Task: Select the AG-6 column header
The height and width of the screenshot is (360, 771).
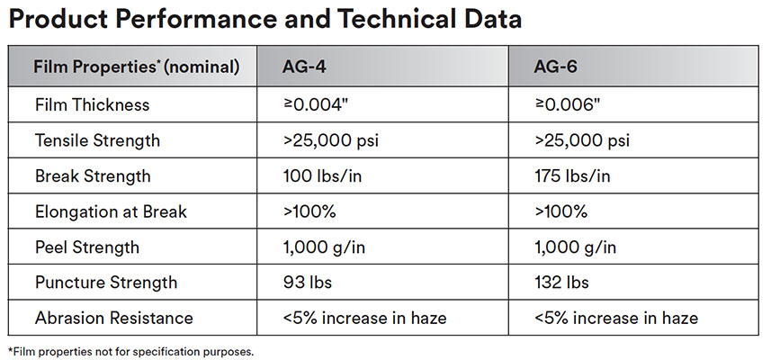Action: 558,67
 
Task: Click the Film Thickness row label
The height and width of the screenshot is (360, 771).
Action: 92,104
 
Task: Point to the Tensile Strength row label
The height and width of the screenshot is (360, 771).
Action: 97,140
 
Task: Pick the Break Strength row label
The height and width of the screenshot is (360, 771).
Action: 93,176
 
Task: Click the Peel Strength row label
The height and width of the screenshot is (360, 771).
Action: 87,247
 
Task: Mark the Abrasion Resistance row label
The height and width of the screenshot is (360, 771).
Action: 113,318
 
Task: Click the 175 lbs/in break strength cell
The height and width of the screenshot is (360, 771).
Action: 571,176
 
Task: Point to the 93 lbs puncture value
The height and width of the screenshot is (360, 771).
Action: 307,283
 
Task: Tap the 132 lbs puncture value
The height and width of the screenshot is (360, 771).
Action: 561,283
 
